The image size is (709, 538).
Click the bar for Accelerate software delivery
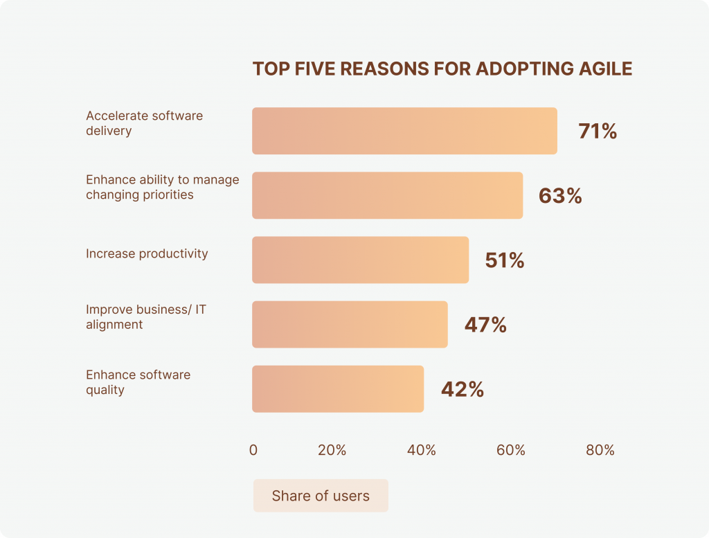404,131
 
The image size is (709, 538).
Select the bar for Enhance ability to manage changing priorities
387,195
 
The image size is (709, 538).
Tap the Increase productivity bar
360,260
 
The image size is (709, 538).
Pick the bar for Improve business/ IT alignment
350,324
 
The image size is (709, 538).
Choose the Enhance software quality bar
338,388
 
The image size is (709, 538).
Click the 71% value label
598,132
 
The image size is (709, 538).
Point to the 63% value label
560,196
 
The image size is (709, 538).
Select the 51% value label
505,260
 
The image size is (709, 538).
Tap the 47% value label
485,325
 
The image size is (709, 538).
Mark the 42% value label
462,389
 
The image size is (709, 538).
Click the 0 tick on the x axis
253,450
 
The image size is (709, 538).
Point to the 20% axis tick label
332,450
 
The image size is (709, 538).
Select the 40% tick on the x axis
421,450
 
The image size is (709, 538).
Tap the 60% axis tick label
510,450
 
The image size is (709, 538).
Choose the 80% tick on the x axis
600,450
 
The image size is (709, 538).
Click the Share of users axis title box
321,496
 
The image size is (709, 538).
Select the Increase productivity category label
147,253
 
